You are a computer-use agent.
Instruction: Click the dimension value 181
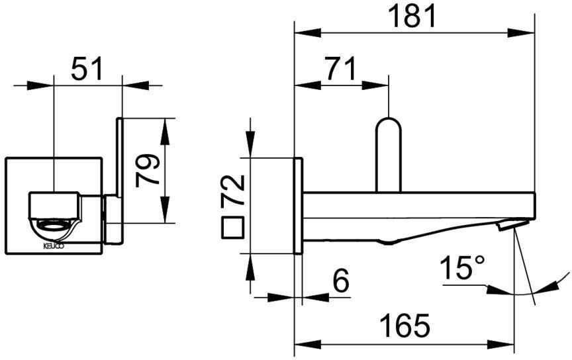point(412,17)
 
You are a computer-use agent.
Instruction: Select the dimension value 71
point(341,69)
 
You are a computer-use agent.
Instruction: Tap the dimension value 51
point(87,69)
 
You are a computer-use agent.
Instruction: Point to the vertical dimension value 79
point(147,170)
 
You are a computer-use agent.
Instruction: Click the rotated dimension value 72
point(233,191)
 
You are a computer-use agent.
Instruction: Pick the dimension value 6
point(341,281)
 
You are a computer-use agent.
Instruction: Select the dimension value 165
point(405,326)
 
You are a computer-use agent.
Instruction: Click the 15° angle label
point(463,267)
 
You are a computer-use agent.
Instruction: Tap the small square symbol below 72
point(233,228)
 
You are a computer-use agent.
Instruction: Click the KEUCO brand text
point(54,246)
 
